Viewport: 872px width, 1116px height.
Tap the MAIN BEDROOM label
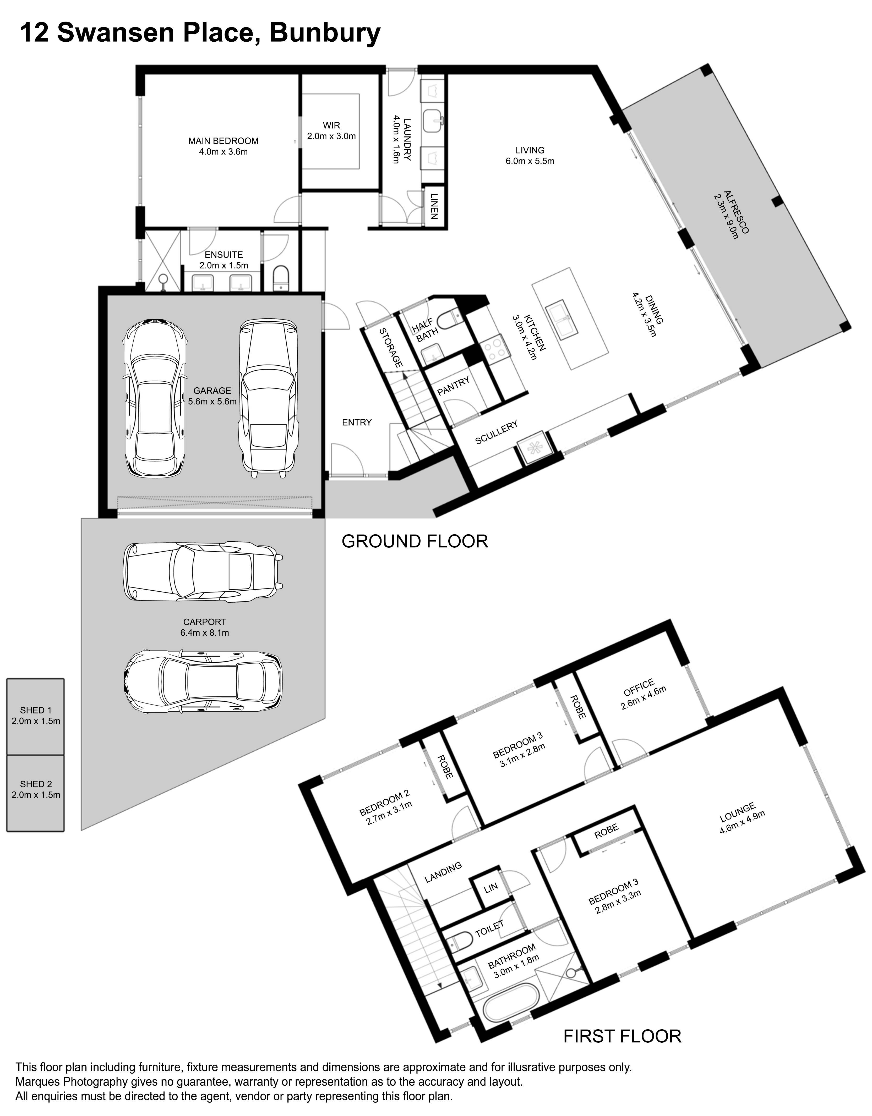(223, 141)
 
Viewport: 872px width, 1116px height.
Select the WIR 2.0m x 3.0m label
(331, 131)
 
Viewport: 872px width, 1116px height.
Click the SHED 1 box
(35, 716)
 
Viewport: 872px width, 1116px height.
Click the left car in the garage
(154, 398)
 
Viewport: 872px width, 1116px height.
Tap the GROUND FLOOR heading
(415, 541)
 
